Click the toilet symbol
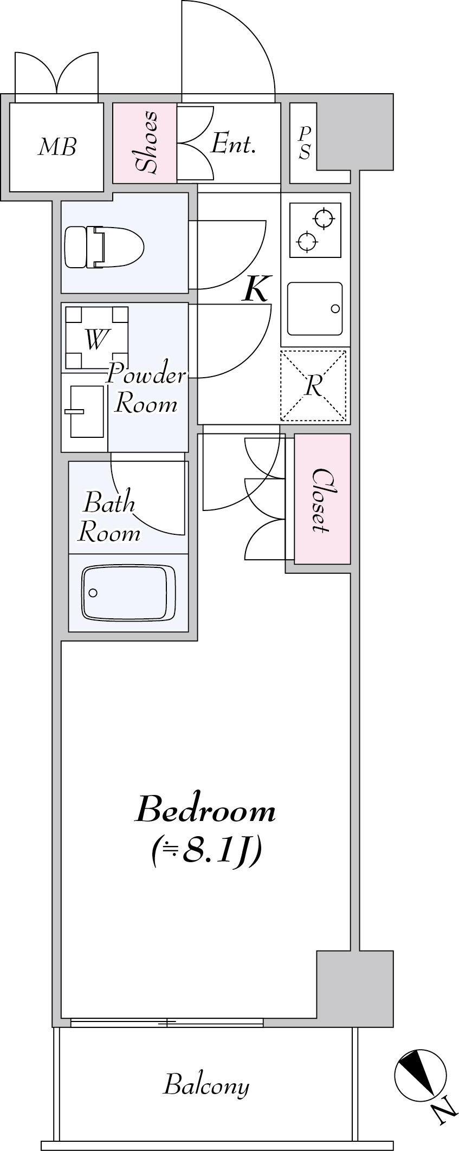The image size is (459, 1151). (x=104, y=247)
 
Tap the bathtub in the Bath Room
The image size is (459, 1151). (x=128, y=593)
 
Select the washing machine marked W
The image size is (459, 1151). (x=96, y=338)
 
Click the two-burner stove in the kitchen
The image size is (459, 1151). (x=315, y=230)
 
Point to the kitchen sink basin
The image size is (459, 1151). (x=315, y=308)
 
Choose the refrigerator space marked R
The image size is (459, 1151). (x=313, y=386)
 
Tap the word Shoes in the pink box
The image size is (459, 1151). (x=145, y=142)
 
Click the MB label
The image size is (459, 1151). (x=57, y=147)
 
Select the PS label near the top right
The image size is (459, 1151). (x=305, y=143)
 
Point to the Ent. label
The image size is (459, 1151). (x=233, y=144)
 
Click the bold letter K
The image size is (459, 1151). (x=255, y=289)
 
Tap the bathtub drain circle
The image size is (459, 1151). (x=93, y=593)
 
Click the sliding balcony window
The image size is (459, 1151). (x=167, y=1023)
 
